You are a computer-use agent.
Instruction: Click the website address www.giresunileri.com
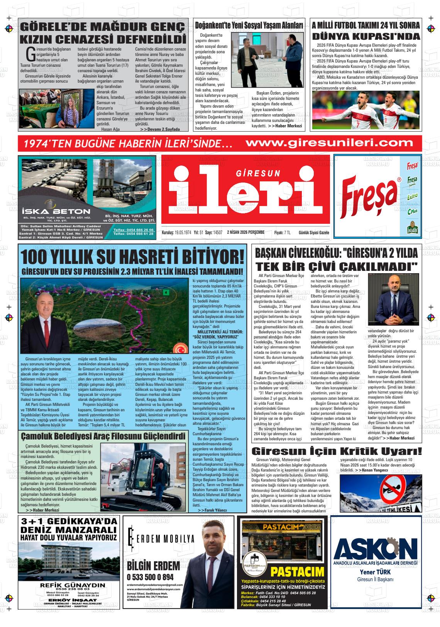[x=329, y=143]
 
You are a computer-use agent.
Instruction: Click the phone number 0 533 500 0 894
[x=150, y=577]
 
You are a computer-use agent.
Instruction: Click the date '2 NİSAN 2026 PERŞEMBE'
[x=246, y=232]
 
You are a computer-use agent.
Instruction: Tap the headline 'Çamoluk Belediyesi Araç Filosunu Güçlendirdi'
[x=103, y=436]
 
